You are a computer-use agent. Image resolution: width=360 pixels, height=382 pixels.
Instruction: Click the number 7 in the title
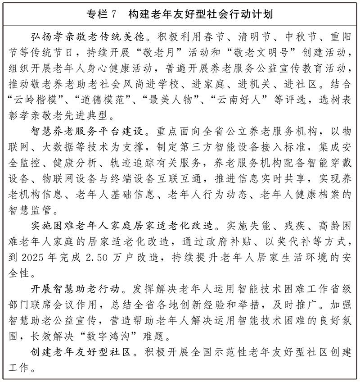[113, 14]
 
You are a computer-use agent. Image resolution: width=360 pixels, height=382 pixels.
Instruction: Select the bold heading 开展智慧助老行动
[75, 289]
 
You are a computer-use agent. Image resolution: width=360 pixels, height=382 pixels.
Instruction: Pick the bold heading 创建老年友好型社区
[81, 351]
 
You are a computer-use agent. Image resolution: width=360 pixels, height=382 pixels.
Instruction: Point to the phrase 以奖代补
[287, 241]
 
